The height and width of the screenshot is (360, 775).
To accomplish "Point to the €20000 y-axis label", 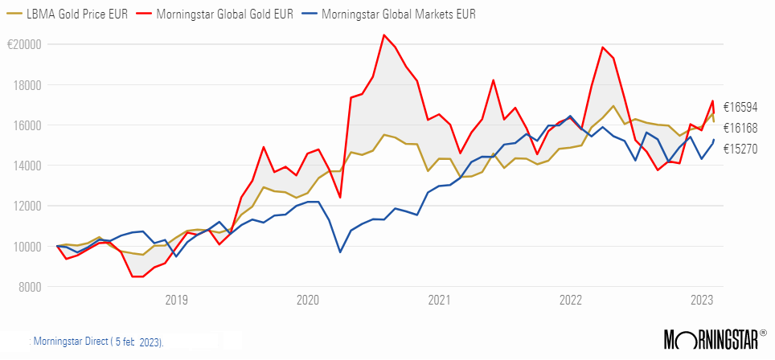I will pyautogui.click(x=23, y=44).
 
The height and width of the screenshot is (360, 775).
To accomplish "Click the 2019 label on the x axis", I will pyautogui.click(x=177, y=301).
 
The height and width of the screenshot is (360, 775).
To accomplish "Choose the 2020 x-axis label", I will pyautogui.click(x=308, y=301).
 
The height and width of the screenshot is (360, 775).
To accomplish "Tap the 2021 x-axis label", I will pyautogui.click(x=439, y=301).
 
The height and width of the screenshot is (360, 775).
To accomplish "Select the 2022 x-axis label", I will pyautogui.click(x=570, y=301).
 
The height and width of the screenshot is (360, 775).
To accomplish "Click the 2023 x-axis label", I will pyautogui.click(x=701, y=301).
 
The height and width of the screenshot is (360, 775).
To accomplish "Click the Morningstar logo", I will pyautogui.click(x=711, y=340).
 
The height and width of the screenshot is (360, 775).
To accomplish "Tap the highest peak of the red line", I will pyautogui.click(x=383, y=35).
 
